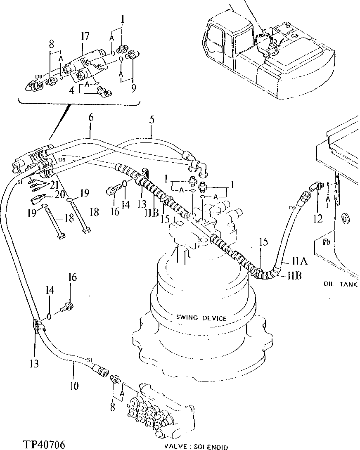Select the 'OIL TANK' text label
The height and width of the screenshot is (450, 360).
pyautogui.click(x=340, y=284)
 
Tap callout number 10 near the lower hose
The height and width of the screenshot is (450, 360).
pyautogui.click(x=74, y=386)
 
